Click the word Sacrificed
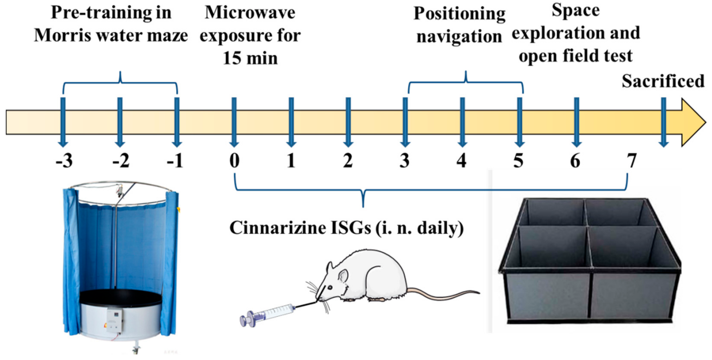point(663,81)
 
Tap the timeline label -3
point(64,161)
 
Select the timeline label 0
point(234,161)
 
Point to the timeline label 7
point(632,161)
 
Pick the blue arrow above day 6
point(576,122)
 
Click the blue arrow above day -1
point(177,122)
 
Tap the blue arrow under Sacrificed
point(663,122)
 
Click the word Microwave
point(250,13)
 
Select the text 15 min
point(250,59)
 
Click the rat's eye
point(330,287)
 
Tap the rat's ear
point(343,277)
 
